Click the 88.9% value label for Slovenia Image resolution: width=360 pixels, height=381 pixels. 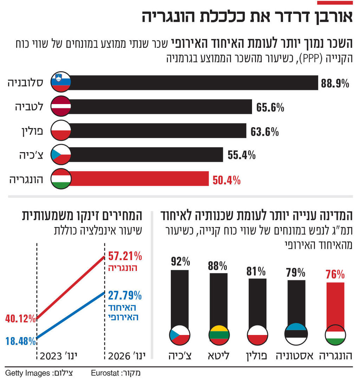tap(335, 84)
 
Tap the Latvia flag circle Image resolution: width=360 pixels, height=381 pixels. tap(61, 106)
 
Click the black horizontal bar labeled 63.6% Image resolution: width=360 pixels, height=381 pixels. tap(158, 130)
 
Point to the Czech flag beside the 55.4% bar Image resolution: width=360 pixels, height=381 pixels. tap(61, 154)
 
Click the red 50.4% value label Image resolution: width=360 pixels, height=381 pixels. tap(226, 181)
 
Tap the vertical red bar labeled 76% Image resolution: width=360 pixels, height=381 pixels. tap(335, 304)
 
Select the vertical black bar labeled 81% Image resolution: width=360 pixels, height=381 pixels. tap(258, 302)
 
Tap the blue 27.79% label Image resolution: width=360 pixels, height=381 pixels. tap(125, 295)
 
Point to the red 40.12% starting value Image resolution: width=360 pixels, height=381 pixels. tap(20, 319)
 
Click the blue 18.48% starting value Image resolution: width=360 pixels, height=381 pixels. tap(20, 341)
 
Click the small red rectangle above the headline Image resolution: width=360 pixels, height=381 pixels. tap(335, 2)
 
